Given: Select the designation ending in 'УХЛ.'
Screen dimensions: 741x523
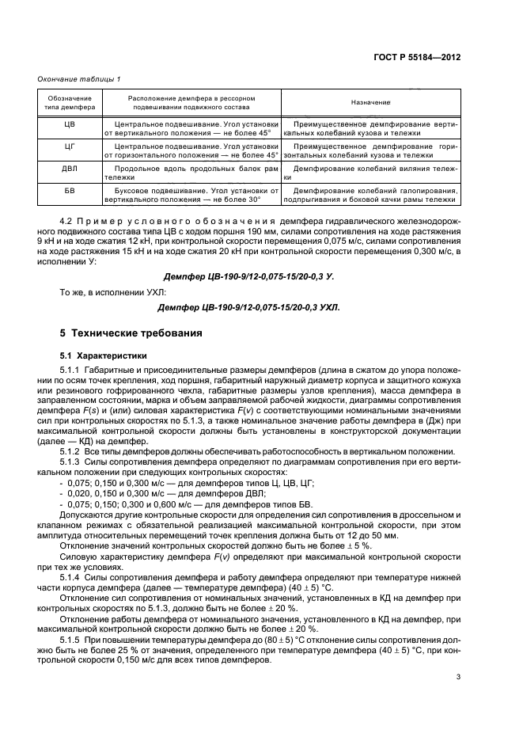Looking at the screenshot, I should tap(248, 307).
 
